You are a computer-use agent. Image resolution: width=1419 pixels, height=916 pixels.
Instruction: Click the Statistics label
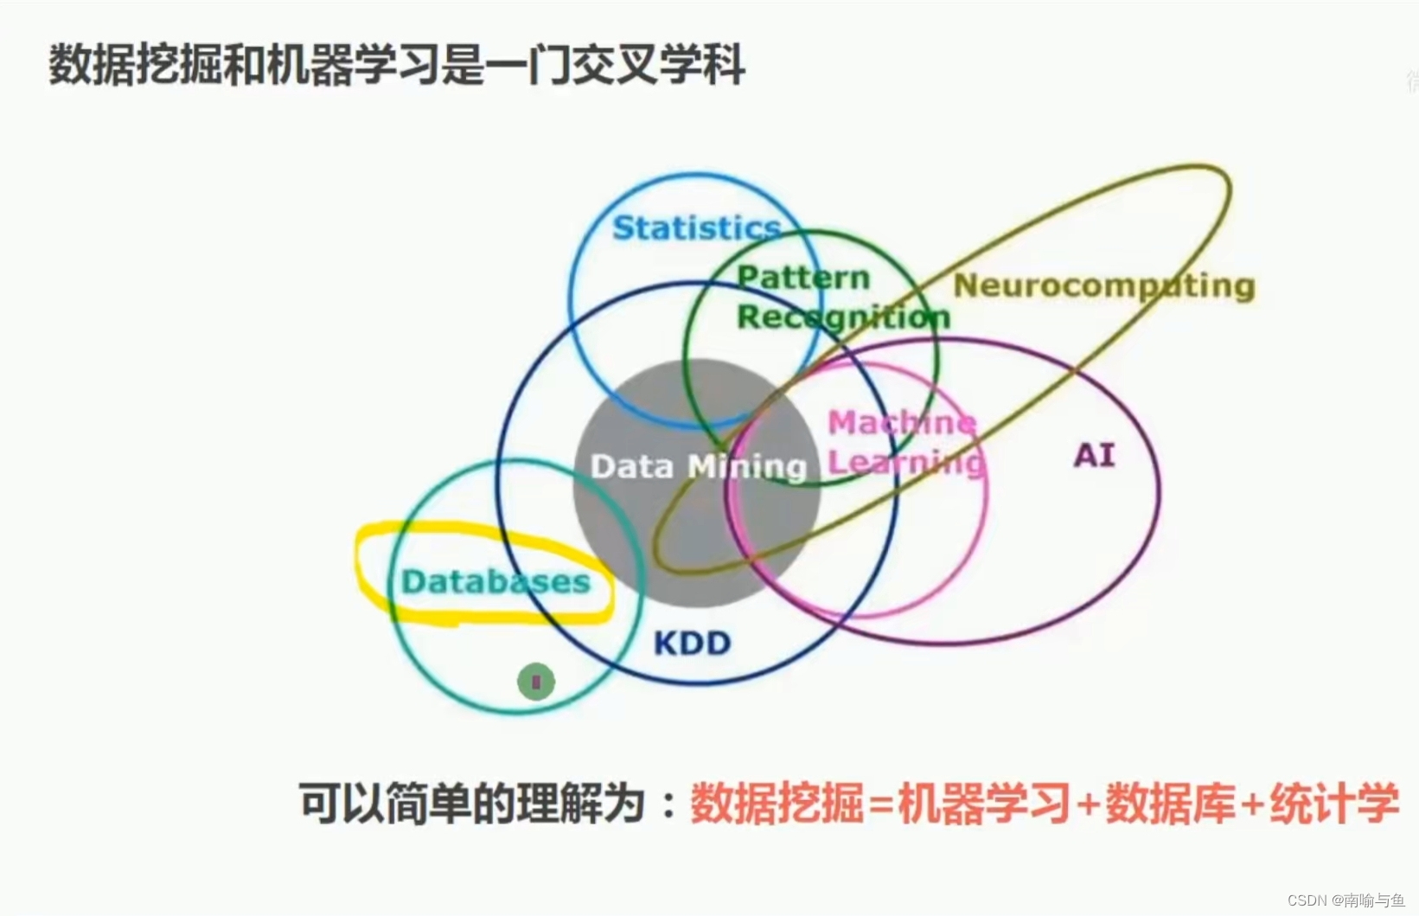click(696, 228)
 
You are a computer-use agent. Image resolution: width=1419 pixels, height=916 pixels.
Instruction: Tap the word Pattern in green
click(802, 278)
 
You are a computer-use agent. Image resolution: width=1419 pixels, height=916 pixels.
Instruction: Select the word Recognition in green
click(843, 317)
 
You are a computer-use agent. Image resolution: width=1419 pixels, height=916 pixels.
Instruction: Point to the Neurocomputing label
click(1103, 285)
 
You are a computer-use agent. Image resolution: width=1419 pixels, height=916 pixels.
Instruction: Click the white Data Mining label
click(698, 467)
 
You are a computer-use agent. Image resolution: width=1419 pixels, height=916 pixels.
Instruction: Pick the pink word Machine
click(902, 422)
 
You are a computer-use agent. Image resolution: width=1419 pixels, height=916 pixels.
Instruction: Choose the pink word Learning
click(906, 462)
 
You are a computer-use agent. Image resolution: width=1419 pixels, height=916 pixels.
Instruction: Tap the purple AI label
click(1094, 455)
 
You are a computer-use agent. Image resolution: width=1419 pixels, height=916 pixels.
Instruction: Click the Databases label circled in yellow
click(495, 581)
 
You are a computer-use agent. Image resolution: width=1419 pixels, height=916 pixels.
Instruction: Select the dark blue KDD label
click(692, 643)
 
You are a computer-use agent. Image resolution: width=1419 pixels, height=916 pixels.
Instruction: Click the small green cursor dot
click(536, 682)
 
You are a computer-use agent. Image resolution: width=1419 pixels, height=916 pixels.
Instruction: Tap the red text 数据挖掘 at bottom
click(777, 804)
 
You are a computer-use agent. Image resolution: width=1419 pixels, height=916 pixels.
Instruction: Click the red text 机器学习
click(984, 804)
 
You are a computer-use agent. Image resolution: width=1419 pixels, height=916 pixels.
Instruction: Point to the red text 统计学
click(1333, 804)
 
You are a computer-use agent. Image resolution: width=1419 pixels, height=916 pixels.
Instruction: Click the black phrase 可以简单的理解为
click(472, 804)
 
